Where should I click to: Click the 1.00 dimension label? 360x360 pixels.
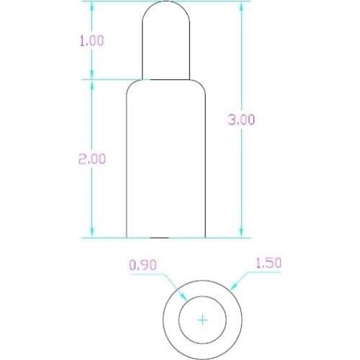click(x=91, y=41)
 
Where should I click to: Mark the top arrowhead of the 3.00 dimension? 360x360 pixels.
click(x=241, y=6)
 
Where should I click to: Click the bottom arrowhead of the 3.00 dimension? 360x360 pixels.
click(x=241, y=233)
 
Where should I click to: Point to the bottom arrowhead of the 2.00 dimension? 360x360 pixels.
click(x=91, y=233)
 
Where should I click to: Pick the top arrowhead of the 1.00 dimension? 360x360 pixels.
click(x=91, y=6)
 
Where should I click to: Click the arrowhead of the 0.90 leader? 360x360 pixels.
click(x=186, y=300)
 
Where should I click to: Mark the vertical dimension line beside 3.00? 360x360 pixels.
click(x=241, y=180)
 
